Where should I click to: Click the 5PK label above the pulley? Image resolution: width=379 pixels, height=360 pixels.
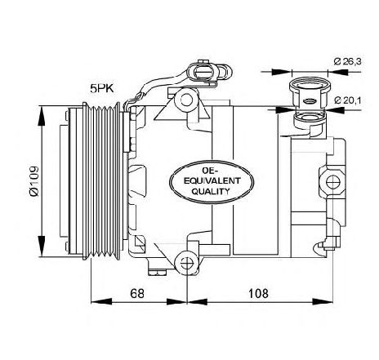(x=102, y=88)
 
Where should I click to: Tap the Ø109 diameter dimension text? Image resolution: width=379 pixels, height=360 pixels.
(x=34, y=181)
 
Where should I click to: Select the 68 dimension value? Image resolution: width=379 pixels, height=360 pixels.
(x=136, y=293)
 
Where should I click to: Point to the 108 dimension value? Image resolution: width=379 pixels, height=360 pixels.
(x=258, y=293)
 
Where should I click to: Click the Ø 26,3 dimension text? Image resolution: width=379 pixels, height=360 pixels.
(x=348, y=61)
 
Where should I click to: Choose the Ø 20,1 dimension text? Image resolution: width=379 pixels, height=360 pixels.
(x=348, y=100)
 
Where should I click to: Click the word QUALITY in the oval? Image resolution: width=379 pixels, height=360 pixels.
(x=211, y=191)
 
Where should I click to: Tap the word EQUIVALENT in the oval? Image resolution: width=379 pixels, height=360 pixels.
(x=212, y=180)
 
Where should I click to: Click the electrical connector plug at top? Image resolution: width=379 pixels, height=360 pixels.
(x=210, y=72)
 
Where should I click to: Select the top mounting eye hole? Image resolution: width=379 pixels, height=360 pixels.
(x=186, y=100)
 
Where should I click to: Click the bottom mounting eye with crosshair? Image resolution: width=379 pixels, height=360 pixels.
(x=187, y=263)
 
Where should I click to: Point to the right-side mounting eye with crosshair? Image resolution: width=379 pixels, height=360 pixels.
(x=333, y=182)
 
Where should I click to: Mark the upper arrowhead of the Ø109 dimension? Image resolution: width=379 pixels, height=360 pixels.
(x=42, y=116)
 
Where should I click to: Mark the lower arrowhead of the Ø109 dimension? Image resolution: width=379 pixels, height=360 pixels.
(x=42, y=246)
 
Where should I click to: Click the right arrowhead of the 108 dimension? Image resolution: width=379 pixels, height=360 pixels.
(x=323, y=301)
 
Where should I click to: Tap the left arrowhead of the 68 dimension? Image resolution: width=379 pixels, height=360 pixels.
(x=101, y=301)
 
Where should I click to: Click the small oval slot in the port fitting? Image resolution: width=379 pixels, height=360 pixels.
(x=310, y=101)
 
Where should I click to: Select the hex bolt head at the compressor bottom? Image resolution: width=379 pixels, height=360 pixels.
(x=157, y=273)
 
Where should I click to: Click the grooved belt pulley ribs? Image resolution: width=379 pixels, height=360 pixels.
(x=101, y=180)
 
